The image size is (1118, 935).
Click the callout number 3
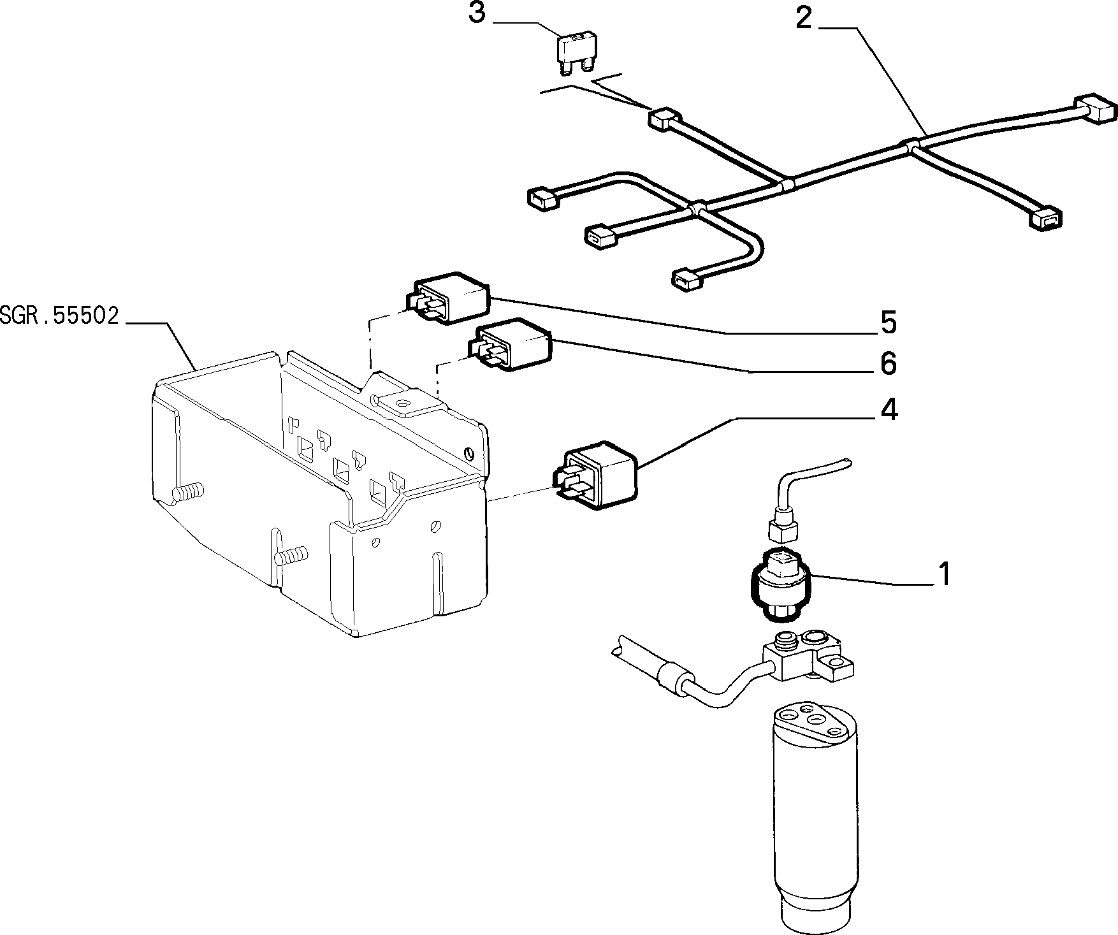pyautogui.click(x=477, y=13)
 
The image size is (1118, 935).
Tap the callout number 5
pyautogui.click(x=889, y=323)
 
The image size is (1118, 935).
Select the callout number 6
pyautogui.click(x=888, y=363)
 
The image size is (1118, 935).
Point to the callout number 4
pyautogui.click(x=889, y=410)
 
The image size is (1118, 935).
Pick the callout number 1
pyautogui.click(x=945, y=574)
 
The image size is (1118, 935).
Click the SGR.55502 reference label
pyautogui.click(x=60, y=317)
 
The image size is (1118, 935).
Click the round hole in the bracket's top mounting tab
pyautogui.click(x=402, y=402)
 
